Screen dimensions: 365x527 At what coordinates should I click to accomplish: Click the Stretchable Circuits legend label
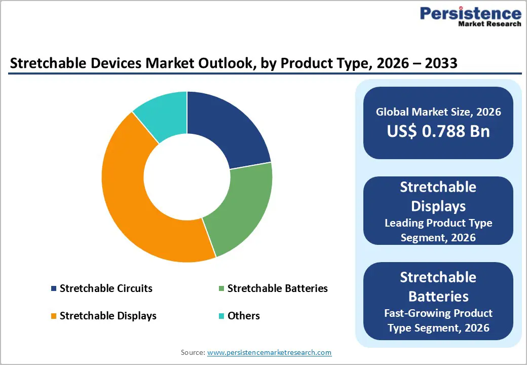pyautogui.click(x=106, y=288)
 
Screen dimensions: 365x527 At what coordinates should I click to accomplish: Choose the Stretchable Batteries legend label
pyautogui.click(x=277, y=288)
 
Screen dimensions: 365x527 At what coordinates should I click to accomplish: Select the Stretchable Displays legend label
pyautogui.click(x=108, y=316)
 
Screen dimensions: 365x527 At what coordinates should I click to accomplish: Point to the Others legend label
pyautogui.click(x=243, y=316)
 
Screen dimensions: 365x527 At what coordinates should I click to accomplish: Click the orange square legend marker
pyautogui.click(x=54, y=316)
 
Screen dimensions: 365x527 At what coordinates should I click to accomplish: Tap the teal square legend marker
pyautogui.click(x=221, y=316)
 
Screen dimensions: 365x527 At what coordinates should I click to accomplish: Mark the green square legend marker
pyautogui.click(x=221, y=289)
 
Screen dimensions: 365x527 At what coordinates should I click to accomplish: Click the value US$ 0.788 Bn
pyautogui.click(x=438, y=131)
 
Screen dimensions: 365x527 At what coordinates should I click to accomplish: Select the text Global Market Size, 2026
pyautogui.click(x=438, y=112)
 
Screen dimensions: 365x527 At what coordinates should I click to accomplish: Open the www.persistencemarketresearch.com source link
pyautogui.click(x=269, y=352)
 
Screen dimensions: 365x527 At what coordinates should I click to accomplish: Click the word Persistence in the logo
pyautogui.click(x=470, y=13)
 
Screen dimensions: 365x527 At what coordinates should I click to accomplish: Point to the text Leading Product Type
pyautogui.click(x=438, y=223)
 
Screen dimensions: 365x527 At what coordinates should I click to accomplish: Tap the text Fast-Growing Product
pyautogui.click(x=438, y=313)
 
